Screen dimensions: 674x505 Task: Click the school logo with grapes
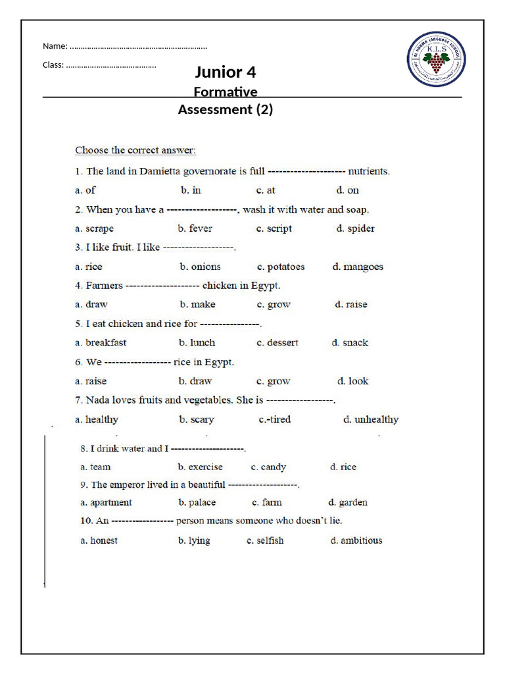(435, 60)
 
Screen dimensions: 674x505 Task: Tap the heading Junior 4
(225, 72)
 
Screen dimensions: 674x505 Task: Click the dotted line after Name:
(138, 46)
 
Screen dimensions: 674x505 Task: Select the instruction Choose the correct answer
(135, 150)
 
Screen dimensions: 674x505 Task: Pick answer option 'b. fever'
(195, 228)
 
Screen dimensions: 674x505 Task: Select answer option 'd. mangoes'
(358, 267)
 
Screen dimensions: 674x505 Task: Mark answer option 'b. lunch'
(197, 342)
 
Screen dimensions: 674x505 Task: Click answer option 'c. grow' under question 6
(274, 380)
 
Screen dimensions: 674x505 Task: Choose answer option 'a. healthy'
(97, 419)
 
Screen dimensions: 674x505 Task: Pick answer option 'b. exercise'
(200, 467)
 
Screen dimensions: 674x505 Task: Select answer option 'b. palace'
(197, 502)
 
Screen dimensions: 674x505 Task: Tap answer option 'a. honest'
(99, 540)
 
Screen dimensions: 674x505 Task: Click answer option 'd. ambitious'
(356, 540)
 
